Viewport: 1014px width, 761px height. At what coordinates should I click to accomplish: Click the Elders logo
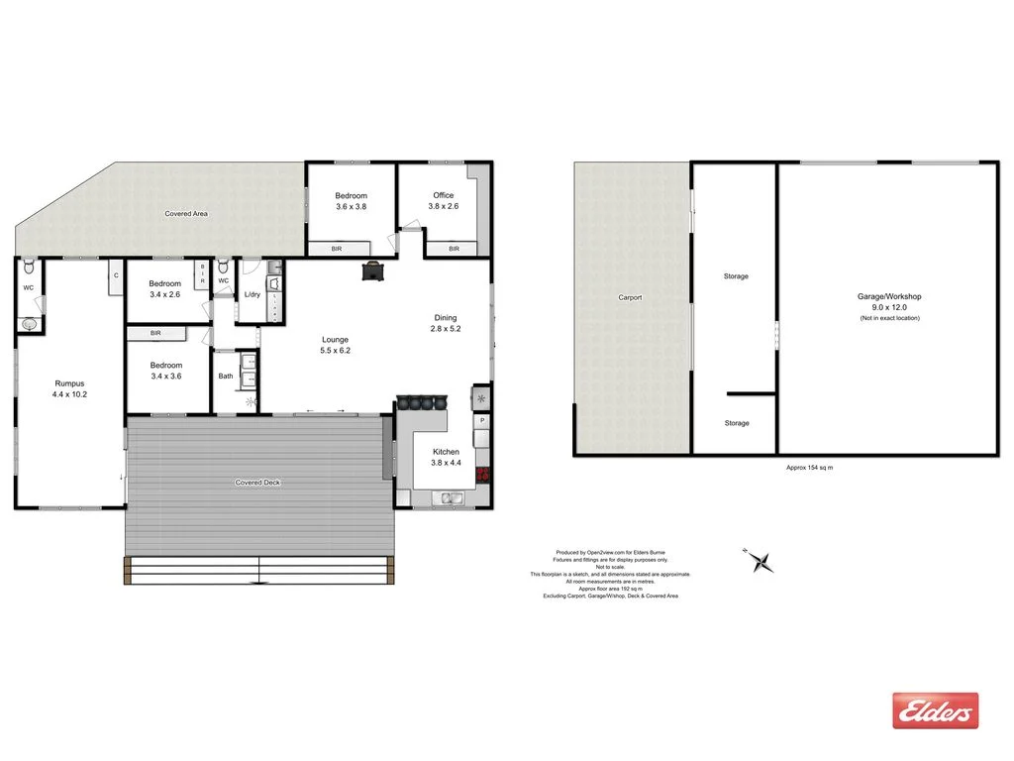[935, 710]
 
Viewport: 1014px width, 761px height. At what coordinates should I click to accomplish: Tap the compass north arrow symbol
[760, 561]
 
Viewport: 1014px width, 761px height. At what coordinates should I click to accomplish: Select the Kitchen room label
[447, 451]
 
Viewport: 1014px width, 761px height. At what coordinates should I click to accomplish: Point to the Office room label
[444, 195]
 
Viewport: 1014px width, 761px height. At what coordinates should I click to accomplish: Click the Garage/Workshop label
[889, 296]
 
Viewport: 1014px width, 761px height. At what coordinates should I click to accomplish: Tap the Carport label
[630, 297]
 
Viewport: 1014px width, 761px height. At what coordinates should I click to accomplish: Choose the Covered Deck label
[257, 483]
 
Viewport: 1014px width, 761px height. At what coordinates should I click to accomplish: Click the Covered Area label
[186, 213]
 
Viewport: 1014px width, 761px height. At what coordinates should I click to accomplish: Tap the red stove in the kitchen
[483, 474]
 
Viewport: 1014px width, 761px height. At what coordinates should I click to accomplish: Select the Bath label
[226, 376]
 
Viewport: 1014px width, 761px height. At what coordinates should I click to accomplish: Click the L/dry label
[252, 293]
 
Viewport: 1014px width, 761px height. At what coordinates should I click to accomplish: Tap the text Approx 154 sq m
[809, 468]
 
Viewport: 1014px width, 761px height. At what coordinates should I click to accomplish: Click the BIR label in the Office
[454, 249]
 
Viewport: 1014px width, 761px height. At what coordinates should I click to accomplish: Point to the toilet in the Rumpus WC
[31, 269]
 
